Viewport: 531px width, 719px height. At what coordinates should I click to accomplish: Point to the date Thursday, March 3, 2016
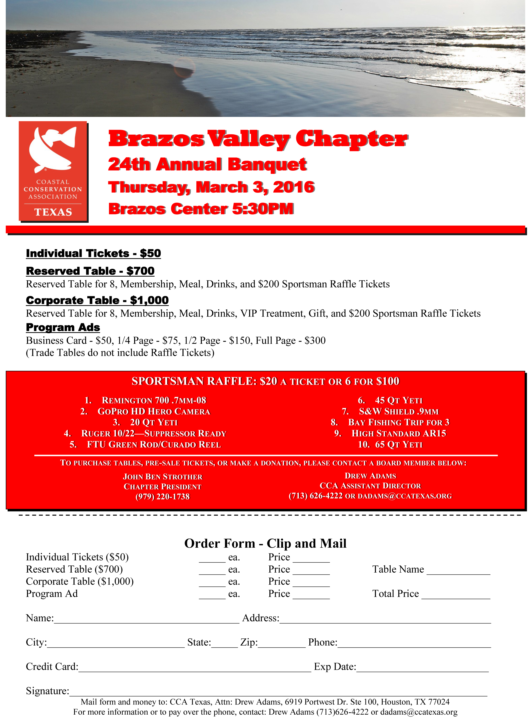coord(211,187)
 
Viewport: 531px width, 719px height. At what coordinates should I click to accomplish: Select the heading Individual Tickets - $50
coord(93,253)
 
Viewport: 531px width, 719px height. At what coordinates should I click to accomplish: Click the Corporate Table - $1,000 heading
coord(97,300)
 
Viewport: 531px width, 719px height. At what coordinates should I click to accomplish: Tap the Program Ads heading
coord(63,327)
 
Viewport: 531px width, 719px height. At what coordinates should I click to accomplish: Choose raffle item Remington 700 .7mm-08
coord(154,400)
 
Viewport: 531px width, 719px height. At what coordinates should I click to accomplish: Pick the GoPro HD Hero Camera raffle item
coord(154,411)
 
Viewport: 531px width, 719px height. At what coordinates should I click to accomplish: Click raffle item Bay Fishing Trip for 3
coord(398,422)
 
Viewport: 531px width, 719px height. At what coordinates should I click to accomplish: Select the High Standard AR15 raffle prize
coord(398,433)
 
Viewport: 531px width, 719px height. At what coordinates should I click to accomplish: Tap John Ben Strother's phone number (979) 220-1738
coord(163,497)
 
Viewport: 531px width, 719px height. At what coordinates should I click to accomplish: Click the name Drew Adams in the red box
coord(370,476)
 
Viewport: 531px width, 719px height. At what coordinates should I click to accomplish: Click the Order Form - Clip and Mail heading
coord(265,543)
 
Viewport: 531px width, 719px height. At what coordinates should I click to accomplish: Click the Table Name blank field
coord(458,572)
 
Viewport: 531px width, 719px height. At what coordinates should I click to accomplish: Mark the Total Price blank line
coord(456,596)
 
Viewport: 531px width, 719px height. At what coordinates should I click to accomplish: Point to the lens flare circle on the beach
coord(184,68)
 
